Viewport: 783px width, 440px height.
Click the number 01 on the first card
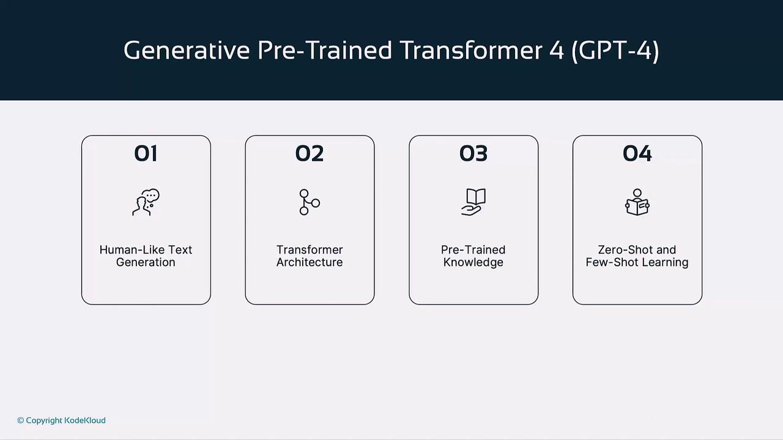pos(146,153)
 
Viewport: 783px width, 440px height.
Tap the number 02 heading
pos(310,153)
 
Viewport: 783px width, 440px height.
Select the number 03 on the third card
pos(473,153)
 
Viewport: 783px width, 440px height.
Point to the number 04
pos(637,153)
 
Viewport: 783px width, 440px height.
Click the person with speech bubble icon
pos(146,202)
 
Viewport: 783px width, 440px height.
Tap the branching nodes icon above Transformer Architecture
pos(310,202)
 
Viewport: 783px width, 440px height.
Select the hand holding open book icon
pos(473,202)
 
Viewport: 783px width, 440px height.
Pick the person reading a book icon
pos(637,202)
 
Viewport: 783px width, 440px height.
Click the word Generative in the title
pos(187,50)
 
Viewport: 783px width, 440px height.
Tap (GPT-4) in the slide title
pos(615,51)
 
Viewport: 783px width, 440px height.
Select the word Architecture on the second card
pos(310,262)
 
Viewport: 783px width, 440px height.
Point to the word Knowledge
pos(473,263)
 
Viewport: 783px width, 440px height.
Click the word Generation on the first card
pos(146,262)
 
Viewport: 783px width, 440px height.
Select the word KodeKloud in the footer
pos(85,420)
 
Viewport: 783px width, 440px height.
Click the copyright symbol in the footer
pos(21,420)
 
